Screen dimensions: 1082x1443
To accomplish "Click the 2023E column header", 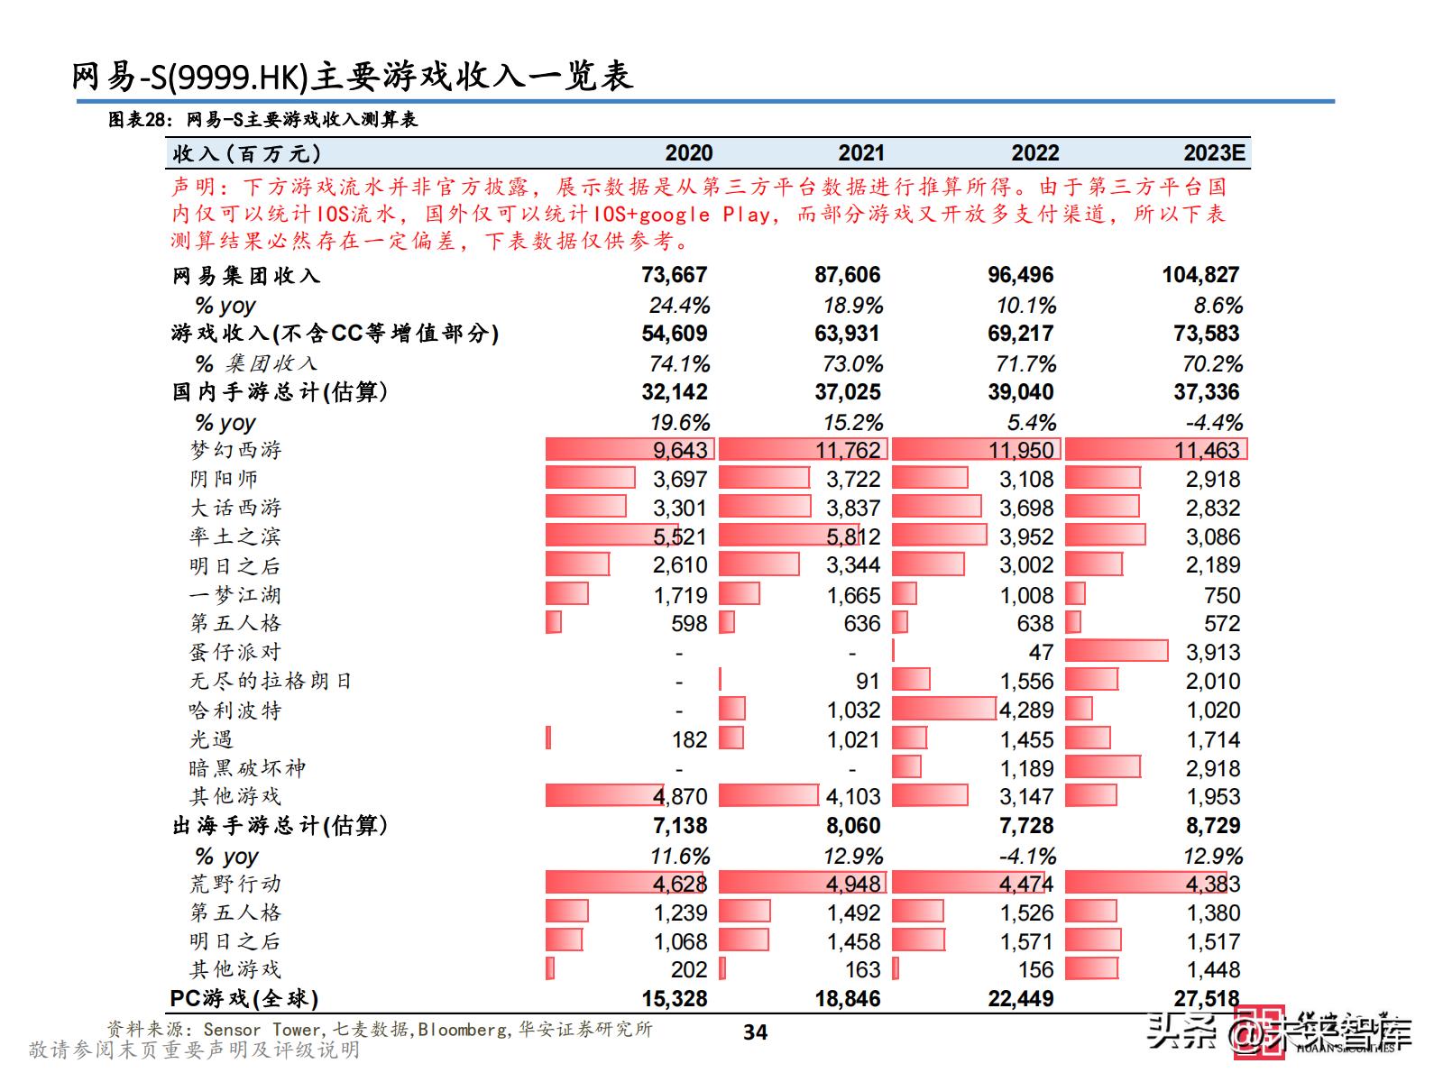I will (x=1214, y=153).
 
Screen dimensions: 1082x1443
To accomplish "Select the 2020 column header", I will (x=688, y=153).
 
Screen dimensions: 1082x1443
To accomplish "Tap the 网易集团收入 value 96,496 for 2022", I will (x=1020, y=275).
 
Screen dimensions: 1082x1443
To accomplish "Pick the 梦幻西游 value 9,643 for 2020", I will (x=681, y=450).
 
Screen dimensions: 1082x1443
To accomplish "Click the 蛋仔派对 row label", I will (x=235, y=652).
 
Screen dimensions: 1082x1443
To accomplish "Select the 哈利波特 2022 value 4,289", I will (x=1025, y=711).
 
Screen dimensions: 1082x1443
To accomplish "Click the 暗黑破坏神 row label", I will (x=247, y=768).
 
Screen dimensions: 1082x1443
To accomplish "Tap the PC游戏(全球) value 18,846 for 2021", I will (x=847, y=999).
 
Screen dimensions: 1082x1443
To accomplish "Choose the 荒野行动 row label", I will (x=235, y=884).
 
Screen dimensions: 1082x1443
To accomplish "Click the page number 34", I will (x=755, y=1032).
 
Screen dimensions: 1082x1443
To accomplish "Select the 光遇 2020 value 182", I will (x=689, y=739).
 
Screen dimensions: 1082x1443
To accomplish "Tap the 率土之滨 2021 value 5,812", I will (x=853, y=537).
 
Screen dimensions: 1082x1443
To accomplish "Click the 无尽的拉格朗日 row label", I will (x=271, y=681).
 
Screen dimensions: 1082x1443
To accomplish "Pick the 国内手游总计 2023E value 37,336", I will (x=1206, y=392).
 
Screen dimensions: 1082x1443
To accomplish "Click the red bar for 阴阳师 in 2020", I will (x=590, y=478).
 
